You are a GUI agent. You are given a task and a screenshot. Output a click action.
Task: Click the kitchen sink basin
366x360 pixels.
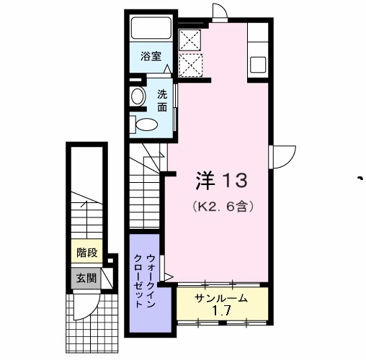[x=259, y=63]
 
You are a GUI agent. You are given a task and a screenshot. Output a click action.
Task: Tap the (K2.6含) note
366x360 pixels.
[x=223, y=205]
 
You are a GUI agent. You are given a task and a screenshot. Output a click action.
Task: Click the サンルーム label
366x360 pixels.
[x=221, y=298]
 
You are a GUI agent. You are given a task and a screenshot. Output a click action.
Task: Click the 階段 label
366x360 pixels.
[x=87, y=253]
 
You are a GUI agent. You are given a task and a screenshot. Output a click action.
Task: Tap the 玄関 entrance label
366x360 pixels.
[x=87, y=278]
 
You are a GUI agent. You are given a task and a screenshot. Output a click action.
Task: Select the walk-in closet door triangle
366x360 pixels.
[x=168, y=276]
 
